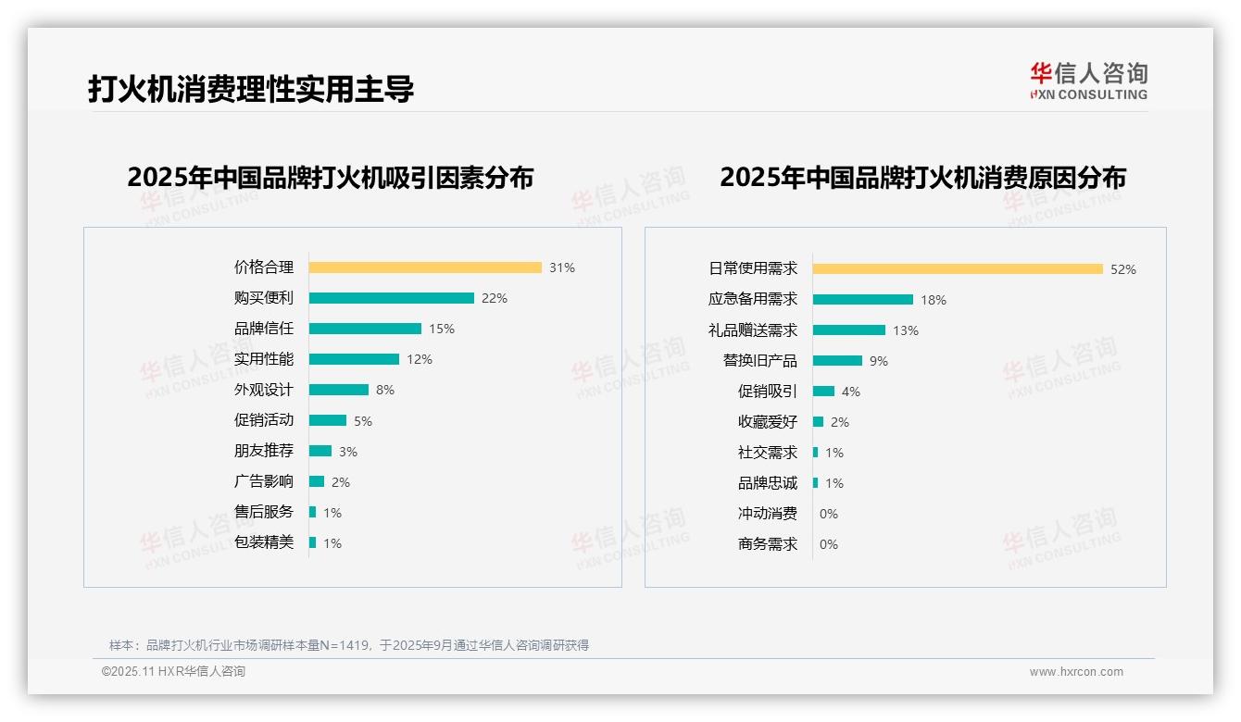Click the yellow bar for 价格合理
425,268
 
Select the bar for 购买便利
391,298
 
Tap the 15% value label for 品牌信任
442,329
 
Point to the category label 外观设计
264,390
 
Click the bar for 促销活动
328,420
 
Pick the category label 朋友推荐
264,451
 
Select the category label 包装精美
264,542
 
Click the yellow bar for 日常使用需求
958,269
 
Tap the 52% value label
1123,269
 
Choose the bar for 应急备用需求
863,300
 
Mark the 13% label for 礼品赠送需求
906,330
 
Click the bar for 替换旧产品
837,361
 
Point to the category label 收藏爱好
768,422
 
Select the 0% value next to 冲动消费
829,514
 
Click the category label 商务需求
768,544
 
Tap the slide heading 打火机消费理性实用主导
251,89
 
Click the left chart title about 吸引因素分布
331,177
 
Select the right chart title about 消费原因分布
922,177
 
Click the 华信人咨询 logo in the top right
1088,81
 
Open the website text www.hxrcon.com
1076,672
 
